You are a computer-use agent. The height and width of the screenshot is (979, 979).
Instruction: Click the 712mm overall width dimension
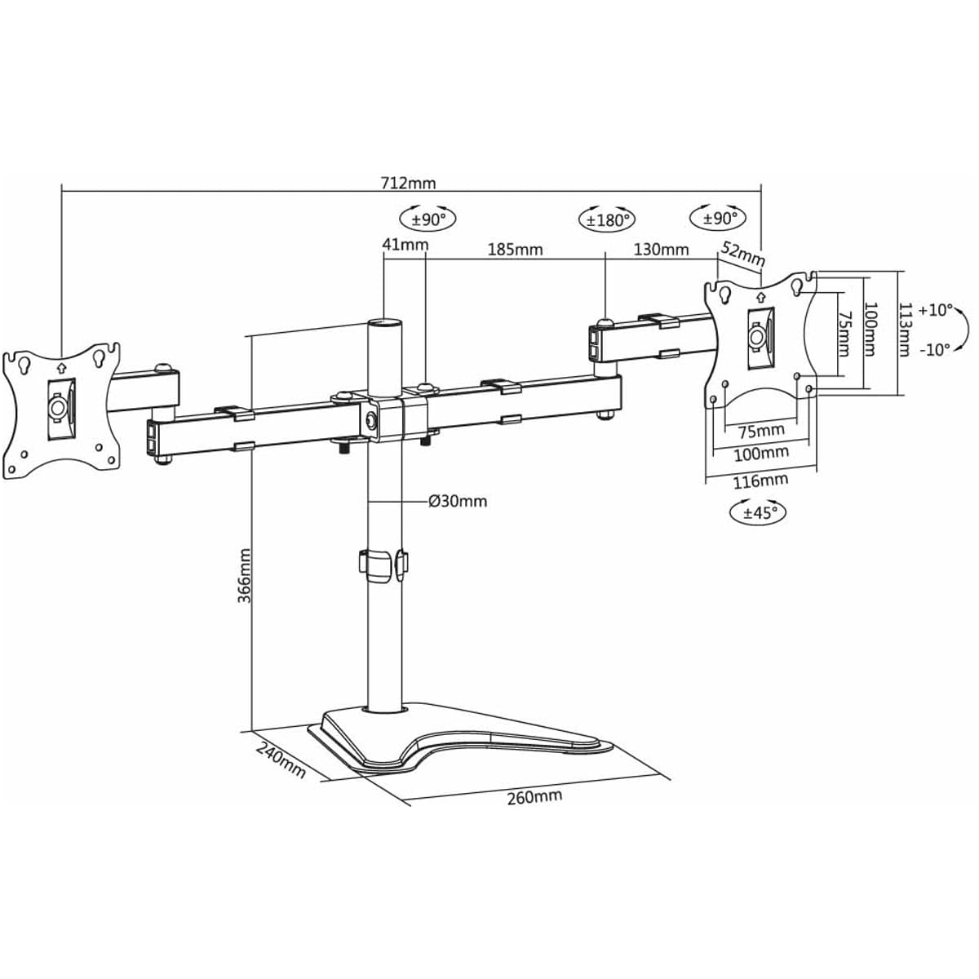tap(409, 182)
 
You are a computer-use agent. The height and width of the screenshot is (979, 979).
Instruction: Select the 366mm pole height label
tap(244, 575)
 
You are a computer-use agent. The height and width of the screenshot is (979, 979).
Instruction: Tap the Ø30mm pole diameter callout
tap(458, 501)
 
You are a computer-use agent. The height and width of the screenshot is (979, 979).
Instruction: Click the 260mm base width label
tap(534, 796)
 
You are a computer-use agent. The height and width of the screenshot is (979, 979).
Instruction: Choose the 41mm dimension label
tap(405, 244)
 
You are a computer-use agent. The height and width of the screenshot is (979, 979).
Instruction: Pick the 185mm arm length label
tap(516, 249)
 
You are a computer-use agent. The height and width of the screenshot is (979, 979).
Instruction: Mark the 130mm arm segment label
tap(661, 249)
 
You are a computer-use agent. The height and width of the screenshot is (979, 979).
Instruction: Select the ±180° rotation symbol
tap(607, 219)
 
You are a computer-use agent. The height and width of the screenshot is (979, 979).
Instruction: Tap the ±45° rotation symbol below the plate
tap(759, 512)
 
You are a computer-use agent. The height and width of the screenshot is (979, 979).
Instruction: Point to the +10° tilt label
tap(935, 310)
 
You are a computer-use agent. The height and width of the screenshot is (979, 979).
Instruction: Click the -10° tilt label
tap(935, 349)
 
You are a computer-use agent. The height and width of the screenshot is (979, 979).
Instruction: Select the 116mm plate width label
tap(760, 481)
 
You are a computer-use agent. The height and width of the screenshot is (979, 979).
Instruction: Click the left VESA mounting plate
tap(63, 407)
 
